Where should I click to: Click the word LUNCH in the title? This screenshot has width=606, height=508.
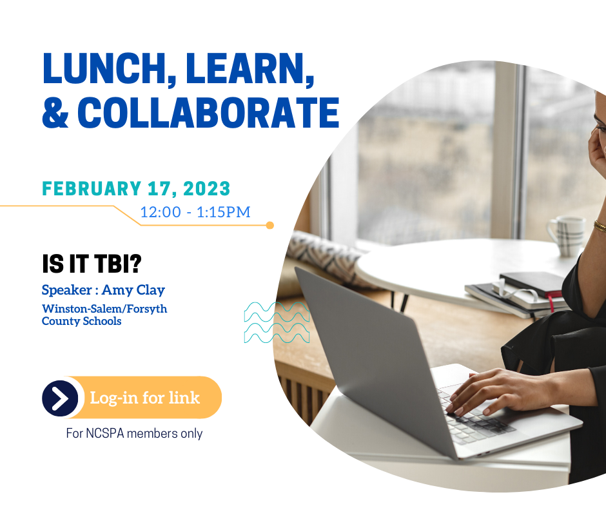104,68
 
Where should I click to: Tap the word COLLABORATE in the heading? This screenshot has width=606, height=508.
208,113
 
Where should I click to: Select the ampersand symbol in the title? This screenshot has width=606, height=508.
55,113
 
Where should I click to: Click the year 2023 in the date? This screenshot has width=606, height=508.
206,189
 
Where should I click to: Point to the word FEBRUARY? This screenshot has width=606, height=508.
91,189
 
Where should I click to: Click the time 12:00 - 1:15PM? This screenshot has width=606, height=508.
195,212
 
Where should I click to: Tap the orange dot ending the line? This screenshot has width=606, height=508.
270,226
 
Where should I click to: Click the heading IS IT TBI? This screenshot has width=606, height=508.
92,264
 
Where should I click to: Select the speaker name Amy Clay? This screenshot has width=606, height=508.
133,290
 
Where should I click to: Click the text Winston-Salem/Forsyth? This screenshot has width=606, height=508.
104,309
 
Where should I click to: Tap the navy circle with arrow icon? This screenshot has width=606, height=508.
60,398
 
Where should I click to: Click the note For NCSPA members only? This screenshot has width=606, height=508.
134,433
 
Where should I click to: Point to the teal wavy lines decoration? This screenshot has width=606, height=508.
277,322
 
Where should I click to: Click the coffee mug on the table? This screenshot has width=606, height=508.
566,236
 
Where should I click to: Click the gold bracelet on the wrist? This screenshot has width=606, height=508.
600,226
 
